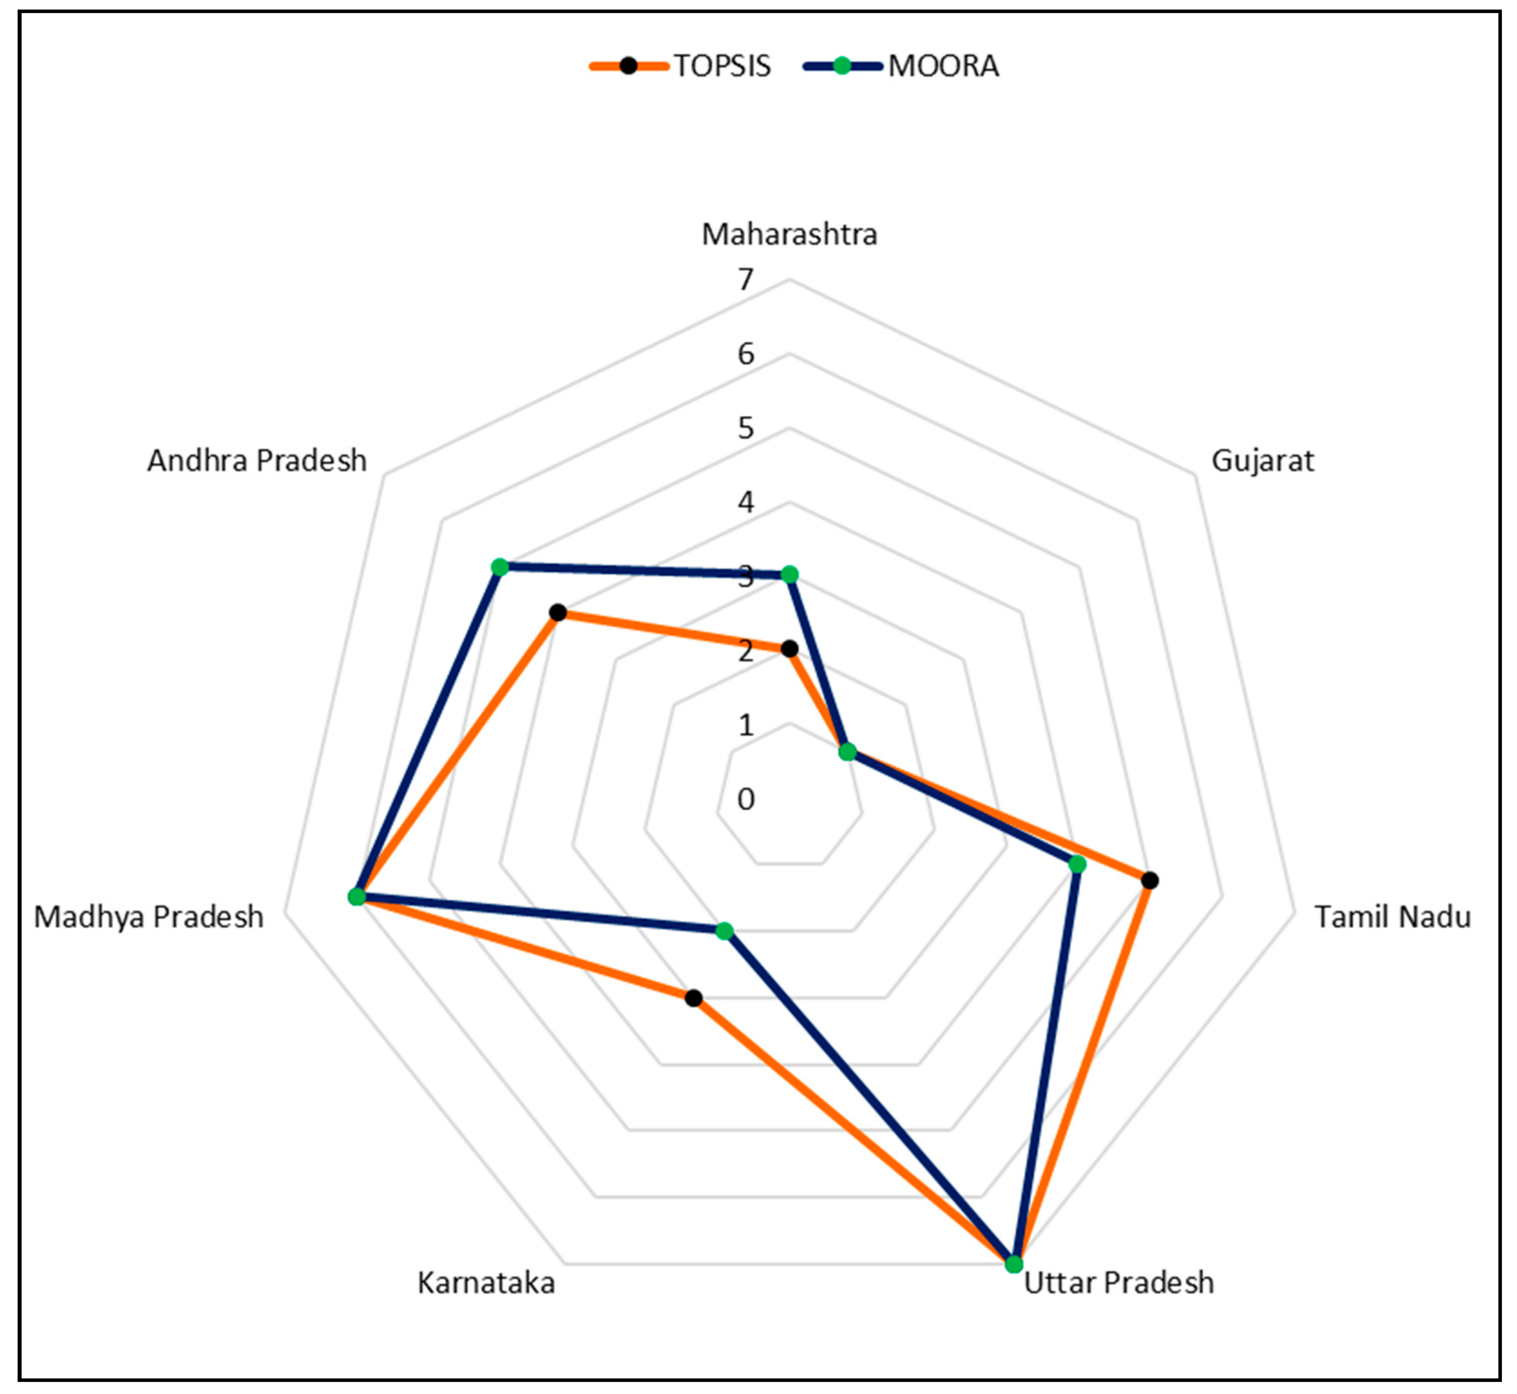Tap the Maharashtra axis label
click(x=789, y=235)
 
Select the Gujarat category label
click(x=1262, y=460)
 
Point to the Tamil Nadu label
click(x=1392, y=917)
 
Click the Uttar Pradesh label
click(x=1118, y=1282)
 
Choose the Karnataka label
click(x=486, y=1282)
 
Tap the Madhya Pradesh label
click(x=149, y=917)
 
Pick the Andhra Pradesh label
click(x=256, y=460)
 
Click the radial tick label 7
click(x=746, y=280)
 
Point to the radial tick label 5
click(x=746, y=429)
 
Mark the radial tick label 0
click(x=746, y=799)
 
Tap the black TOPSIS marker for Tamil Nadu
click(x=1149, y=880)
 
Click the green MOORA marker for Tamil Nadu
click(x=1078, y=864)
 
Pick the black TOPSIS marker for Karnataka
click(x=693, y=999)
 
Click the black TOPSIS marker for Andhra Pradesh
click(x=558, y=613)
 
